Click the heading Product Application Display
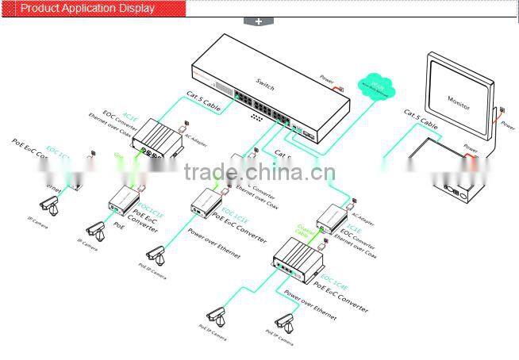tap(87, 9)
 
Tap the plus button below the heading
tap(259, 21)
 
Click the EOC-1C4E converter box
tap(295, 259)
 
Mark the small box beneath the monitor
tap(454, 189)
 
